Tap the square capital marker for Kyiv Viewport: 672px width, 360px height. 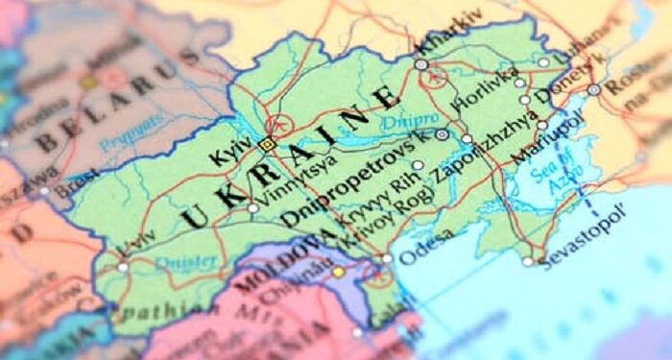point(267,144)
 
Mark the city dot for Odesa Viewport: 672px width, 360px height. point(387,258)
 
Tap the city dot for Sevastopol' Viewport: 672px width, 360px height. point(528,261)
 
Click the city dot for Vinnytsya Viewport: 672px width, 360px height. point(252,207)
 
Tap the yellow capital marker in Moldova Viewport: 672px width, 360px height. point(338,273)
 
